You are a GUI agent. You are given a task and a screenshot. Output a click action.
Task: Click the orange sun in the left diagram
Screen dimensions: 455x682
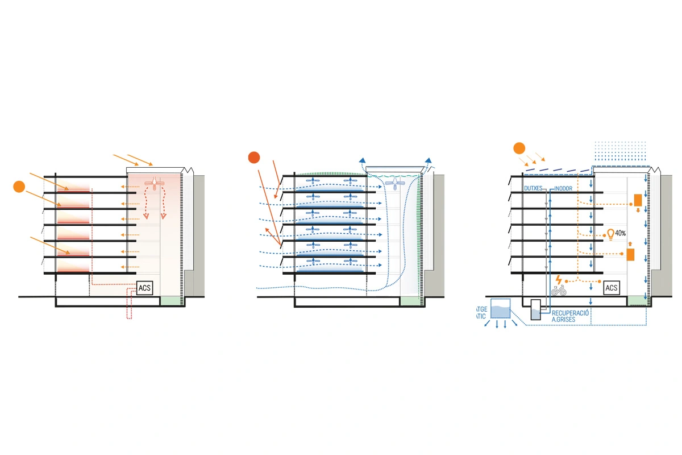[x=19, y=186]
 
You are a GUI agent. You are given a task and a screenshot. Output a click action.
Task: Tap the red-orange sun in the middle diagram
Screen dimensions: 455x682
[x=254, y=158]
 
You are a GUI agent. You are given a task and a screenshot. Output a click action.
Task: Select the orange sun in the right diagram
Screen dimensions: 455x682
[x=518, y=149]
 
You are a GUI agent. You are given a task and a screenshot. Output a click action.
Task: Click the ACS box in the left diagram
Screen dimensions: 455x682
[x=145, y=288]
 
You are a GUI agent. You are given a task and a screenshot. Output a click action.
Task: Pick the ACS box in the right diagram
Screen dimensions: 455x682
[x=611, y=288]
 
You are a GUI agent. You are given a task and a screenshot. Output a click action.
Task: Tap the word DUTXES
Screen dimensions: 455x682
[x=534, y=188]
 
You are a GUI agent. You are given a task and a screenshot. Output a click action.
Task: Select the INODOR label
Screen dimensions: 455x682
[x=563, y=188]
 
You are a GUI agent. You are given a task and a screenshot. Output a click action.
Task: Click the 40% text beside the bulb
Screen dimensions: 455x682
[x=621, y=233]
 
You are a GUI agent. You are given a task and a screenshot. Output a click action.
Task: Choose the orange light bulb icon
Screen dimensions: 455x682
[x=610, y=233]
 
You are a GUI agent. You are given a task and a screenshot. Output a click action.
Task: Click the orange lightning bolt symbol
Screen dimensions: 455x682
[x=559, y=279]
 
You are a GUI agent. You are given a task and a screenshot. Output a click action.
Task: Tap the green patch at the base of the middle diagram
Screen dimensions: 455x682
[x=409, y=301]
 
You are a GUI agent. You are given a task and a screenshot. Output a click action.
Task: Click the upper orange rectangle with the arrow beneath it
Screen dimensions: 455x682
[x=638, y=200]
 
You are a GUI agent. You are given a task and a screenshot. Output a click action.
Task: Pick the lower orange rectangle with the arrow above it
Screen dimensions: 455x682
[x=630, y=255]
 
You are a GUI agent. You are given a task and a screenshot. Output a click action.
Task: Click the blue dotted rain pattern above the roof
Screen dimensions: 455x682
[x=621, y=153]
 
